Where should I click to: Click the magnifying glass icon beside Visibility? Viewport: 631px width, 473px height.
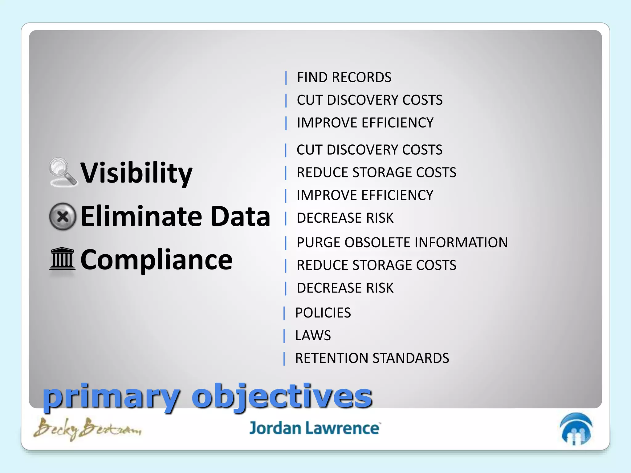pos(63,172)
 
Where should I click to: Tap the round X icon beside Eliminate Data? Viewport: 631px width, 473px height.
pos(63,216)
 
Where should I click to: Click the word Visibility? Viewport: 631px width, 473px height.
pos(136,173)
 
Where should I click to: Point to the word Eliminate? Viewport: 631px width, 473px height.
pos(141,216)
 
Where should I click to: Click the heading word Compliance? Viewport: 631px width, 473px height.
pos(156,260)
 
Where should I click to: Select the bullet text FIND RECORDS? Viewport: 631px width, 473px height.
pos(344,77)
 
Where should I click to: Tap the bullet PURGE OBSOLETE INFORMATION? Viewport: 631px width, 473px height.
pos(402,242)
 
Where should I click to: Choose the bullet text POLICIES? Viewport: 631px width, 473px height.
pos(323,313)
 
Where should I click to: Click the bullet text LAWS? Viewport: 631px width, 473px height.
pos(313,335)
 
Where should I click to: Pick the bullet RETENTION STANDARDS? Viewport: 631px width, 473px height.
pos(372,358)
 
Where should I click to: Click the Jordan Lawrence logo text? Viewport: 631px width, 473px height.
pos(315,428)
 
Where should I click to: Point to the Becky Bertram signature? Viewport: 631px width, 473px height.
pos(87,428)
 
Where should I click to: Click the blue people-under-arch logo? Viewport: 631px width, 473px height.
pos(576,429)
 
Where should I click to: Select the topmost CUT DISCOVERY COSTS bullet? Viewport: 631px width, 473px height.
pos(369,100)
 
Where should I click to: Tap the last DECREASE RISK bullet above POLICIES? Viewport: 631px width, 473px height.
pos(345,288)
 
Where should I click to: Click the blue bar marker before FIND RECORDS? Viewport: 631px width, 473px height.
pos(286,78)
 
